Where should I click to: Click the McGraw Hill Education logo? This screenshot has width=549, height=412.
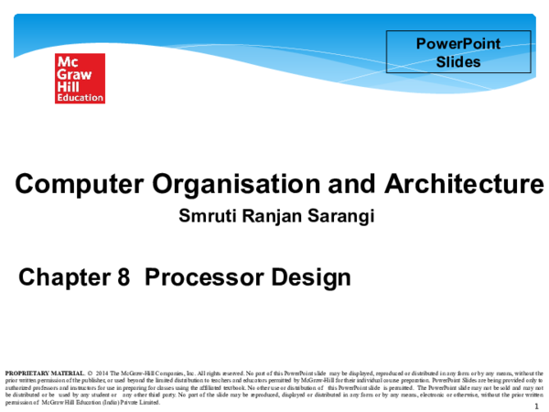(80, 78)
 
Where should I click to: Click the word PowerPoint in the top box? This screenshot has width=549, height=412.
(458, 43)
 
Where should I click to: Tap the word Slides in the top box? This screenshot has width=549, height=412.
(458, 60)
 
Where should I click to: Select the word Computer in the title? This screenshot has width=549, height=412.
(68, 185)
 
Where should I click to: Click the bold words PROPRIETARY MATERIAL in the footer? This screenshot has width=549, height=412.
(44, 374)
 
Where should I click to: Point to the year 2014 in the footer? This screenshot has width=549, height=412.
(101, 374)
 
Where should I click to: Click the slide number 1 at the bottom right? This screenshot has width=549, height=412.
(533, 395)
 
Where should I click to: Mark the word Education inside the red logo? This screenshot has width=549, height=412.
(80, 97)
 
